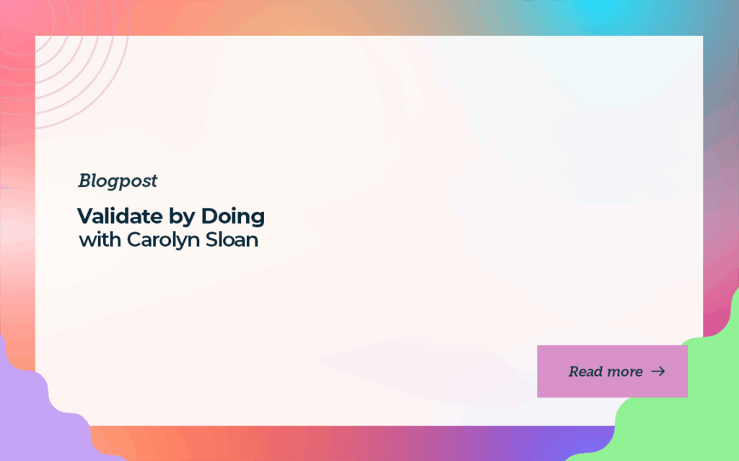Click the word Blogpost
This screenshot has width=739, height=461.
118,181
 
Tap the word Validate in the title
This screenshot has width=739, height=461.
120,216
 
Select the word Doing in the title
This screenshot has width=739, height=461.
233,217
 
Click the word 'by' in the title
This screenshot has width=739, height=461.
182,217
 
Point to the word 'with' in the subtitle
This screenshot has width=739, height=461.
100,240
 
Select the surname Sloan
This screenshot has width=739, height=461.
232,240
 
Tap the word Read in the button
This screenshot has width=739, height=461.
585,372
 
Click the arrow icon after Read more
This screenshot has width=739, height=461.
658,372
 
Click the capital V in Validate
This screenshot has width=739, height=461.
87,216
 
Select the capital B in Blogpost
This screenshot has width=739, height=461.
86,180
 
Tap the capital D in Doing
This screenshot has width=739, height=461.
209,216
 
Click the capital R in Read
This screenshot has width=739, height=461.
574,372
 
